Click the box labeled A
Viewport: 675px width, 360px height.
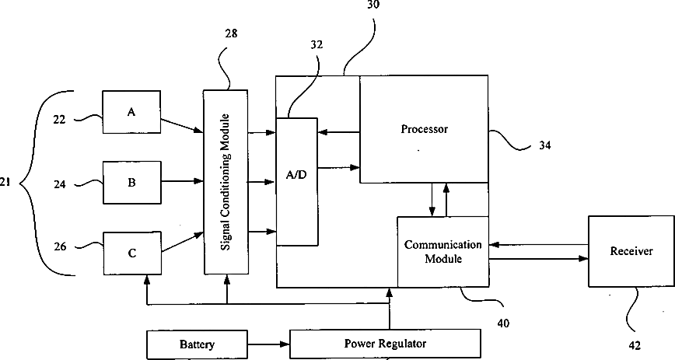tap(131, 113)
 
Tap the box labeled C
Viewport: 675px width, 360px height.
tap(131, 253)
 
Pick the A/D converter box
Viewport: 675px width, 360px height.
tap(297, 181)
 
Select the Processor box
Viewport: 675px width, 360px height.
tap(424, 129)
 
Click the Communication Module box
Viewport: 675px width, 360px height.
tap(442, 251)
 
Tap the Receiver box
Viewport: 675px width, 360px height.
tap(631, 251)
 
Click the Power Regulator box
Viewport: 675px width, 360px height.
tap(385, 343)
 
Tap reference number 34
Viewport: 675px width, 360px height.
tap(547, 145)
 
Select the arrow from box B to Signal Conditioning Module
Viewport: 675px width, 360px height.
tap(182, 183)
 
